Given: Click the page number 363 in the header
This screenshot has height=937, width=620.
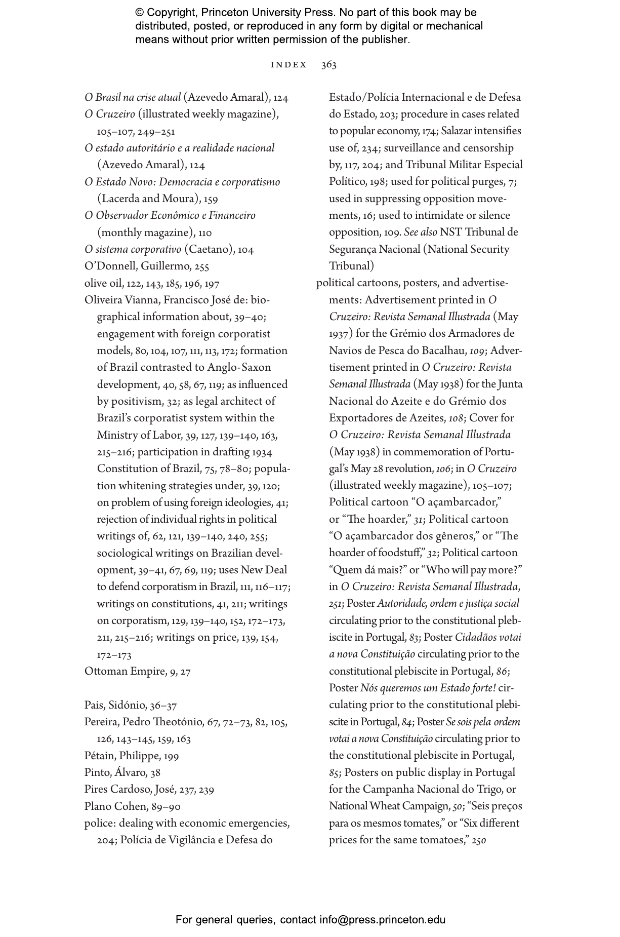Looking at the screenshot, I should tap(328, 65).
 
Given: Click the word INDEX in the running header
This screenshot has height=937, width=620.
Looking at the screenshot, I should tap(289, 65).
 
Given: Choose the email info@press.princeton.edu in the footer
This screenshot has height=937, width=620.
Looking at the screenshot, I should tap(382, 920).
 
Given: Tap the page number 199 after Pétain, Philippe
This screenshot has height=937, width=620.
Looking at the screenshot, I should tap(171, 756).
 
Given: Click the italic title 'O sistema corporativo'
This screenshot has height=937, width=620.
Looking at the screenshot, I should tap(133, 250).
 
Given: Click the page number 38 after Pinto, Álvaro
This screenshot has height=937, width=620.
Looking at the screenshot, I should tap(155, 773).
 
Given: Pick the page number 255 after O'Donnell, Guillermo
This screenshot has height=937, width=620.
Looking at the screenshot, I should tap(200, 266).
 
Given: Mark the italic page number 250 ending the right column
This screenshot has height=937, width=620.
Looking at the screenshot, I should tap(478, 841).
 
